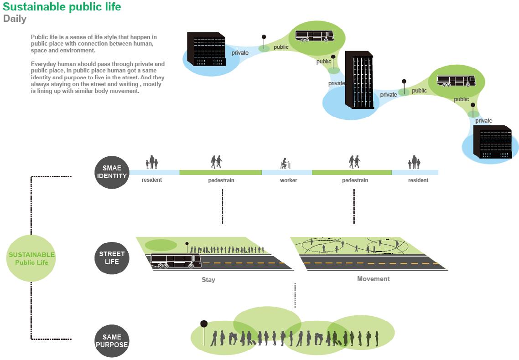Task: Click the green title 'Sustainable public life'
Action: [x=62, y=7]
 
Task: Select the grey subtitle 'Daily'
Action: [x=15, y=19]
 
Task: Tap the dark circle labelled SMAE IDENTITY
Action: [x=112, y=172]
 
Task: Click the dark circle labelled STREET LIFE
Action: [x=112, y=258]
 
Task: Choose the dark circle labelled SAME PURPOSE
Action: [x=112, y=341]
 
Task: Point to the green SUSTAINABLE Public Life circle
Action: [x=31, y=258]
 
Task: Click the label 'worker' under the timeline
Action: [x=288, y=180]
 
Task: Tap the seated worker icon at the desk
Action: [x=285, y=163]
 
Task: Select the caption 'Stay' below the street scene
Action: [x=208, y=279]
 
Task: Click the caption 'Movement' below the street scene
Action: [x=373, y=279]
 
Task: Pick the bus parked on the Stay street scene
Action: [x=176, y=261]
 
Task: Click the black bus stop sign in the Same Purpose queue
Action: [x=204, y=324]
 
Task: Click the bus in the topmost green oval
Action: [x=314, y=36]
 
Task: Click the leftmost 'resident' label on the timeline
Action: [x=151, y=180]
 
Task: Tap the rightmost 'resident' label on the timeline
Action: [x=418, y=180]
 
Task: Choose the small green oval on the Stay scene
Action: [x=161, y=245]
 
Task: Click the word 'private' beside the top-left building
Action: [x=240, y=53]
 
